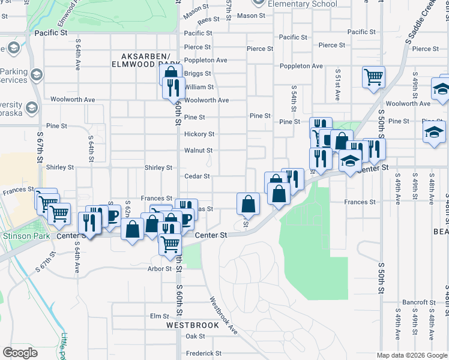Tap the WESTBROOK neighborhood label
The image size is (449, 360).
(193, 325)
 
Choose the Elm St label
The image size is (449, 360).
(160, 316)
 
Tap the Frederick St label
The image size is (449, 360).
(203, 354)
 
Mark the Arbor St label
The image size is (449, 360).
(160, 269)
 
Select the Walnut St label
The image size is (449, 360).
(199, 151)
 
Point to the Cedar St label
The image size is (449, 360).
(197, 176)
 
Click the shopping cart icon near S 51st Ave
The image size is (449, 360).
(373, 76)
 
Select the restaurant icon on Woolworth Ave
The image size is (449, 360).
(172, 88)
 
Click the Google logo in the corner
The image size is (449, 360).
(20, 353)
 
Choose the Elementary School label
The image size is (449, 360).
(303, 4)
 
